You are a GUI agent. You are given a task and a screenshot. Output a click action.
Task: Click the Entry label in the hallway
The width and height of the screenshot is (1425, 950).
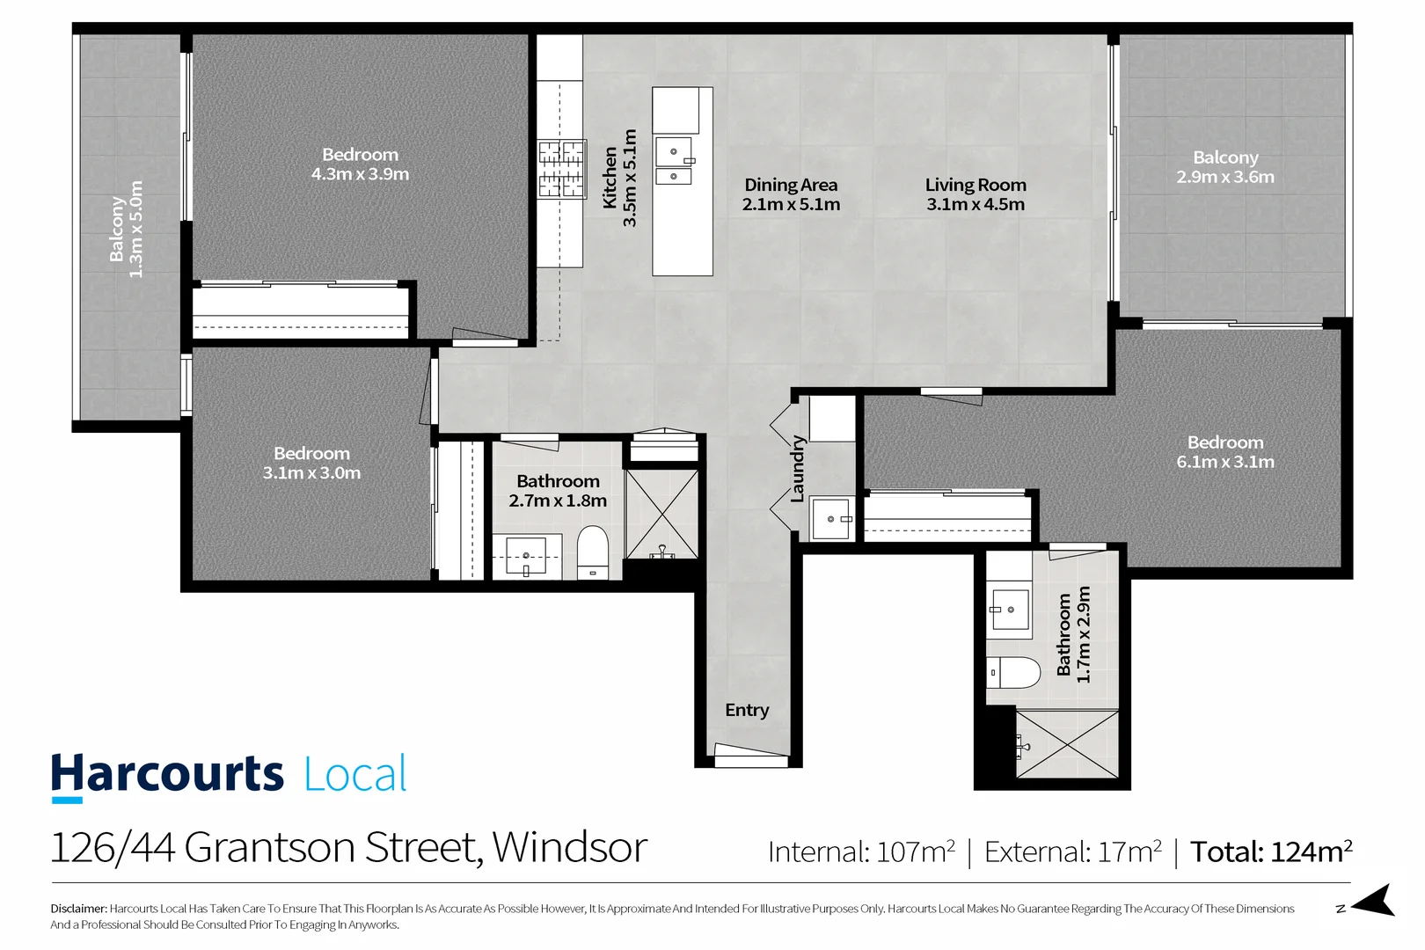tap(747, 710)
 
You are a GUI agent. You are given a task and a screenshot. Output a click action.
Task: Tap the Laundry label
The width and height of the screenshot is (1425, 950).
tap(798, 469)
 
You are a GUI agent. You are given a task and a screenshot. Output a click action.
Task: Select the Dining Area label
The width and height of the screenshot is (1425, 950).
tap(791, 185)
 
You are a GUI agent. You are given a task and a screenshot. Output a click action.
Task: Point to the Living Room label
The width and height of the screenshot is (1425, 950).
tap(976, 185)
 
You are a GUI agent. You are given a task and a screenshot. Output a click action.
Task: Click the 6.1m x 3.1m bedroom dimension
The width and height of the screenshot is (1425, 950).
tap(1225, 462)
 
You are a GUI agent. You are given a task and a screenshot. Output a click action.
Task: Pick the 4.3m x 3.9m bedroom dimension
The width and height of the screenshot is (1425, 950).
tap(360, 174)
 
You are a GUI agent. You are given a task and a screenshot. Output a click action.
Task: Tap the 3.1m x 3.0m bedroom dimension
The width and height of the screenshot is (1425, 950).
tap(311, 473)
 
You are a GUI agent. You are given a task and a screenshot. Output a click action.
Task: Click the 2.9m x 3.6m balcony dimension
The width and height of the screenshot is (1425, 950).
tap(1225, 177)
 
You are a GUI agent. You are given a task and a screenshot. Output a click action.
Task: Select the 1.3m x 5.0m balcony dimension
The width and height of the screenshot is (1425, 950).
tap(136, 230)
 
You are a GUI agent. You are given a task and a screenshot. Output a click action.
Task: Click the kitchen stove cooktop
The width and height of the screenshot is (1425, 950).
tap(561, 168)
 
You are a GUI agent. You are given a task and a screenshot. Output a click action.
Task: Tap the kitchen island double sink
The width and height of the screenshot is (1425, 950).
tap(674, 162)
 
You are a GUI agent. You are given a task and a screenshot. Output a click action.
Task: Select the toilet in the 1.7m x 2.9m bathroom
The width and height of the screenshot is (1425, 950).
tap(1012, 672)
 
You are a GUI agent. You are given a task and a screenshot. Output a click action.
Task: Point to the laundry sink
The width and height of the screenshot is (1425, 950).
tap(830, 519)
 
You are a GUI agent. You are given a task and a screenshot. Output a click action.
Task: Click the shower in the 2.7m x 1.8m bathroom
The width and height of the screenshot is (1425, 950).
tap(661, 515)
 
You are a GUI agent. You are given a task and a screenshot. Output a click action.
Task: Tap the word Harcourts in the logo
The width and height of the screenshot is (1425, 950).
tap(167, 774)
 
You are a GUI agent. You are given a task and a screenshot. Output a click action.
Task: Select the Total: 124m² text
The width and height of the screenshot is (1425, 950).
tap(1271, 851)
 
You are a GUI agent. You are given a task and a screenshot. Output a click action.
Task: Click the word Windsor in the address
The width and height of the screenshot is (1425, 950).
tap(570, 847)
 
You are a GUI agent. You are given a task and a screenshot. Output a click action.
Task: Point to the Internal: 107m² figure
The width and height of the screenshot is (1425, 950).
tap(861, 851)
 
